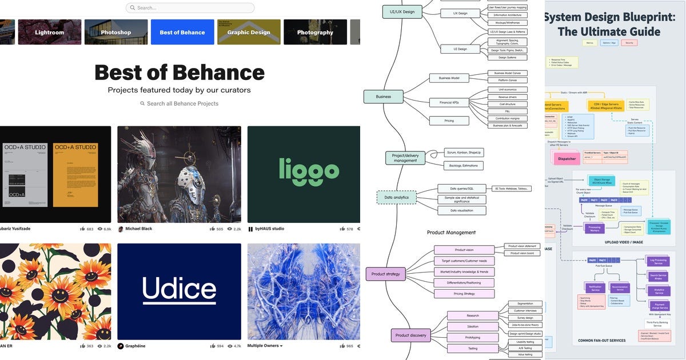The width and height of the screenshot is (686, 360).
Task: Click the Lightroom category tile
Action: [49, 32]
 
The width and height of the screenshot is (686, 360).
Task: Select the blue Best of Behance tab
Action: [182, 32]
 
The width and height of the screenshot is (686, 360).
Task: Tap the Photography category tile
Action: [315, 32]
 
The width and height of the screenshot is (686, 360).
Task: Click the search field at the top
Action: [190, 8]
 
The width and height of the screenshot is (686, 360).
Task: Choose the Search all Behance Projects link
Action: [180, 103]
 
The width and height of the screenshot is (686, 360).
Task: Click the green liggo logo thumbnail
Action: [304, 174]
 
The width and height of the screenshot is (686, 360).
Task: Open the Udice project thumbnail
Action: [179, 291]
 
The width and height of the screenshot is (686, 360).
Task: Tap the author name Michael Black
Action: [138, 229]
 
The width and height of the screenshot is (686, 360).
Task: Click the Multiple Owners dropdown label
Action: [265, 346]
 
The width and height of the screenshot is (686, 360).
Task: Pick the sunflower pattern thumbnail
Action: [55, 291]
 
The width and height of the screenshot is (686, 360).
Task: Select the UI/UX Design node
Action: [402, 11]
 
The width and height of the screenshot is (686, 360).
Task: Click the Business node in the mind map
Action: [384, 97]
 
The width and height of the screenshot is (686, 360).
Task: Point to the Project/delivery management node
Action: [405, 158]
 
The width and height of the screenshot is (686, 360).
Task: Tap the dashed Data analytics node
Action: [396, 198]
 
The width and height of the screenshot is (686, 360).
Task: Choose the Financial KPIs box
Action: [449, 102]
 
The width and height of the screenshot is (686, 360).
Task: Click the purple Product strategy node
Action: [386, 274]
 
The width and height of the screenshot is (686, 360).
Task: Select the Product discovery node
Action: [410, 335]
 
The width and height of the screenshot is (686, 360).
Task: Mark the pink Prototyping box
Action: [472, 337]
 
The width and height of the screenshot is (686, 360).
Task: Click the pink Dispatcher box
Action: [567, 158]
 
